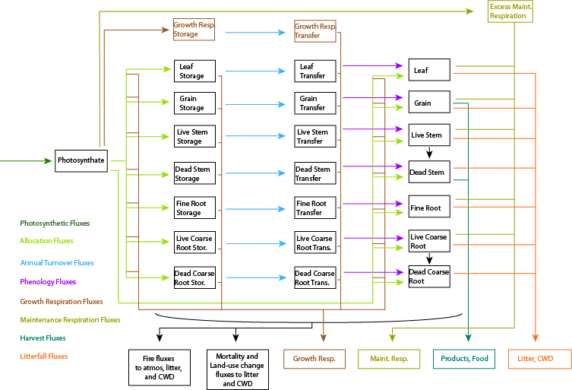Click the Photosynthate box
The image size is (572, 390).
tap(81, 160)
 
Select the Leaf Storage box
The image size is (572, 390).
tap(194, 71)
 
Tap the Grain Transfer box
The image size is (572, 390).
tap(314, 103)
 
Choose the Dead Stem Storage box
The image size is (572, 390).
tap(194, 174)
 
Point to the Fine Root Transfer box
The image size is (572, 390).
tap(314, 208)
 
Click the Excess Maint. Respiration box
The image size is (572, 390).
tap(510, 11)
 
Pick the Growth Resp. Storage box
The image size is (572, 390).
tap(194, 30)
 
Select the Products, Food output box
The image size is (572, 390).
tap(465, 359)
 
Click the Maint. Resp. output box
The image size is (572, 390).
tap(389, 359)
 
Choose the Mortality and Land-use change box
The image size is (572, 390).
tap(237, 369)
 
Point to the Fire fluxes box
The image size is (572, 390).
tap(159, 366)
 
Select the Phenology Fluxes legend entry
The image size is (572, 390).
tap(48, 282)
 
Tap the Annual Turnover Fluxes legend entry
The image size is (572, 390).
tap(57, 263)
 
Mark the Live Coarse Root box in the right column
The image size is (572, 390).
tap(429, 241)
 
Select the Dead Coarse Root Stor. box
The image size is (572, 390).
tap(194, 277)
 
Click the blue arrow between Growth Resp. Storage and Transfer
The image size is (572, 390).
tap(254, 33)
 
